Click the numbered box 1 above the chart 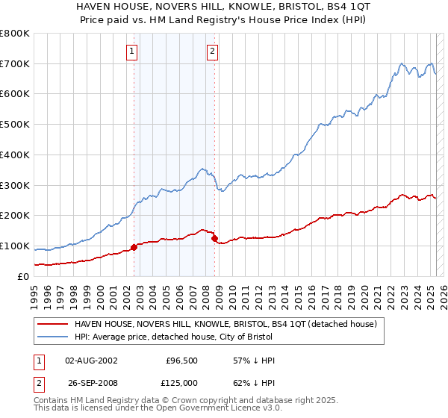tap(131, 52)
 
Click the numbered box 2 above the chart tap(212, 52)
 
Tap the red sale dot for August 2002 tap(134, 247)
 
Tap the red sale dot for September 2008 tap(215, 238)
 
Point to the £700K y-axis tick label tap(15, 64)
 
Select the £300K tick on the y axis tap(15, 185)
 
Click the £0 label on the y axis tap(24, 276)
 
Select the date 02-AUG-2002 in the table tap(91, 361)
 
